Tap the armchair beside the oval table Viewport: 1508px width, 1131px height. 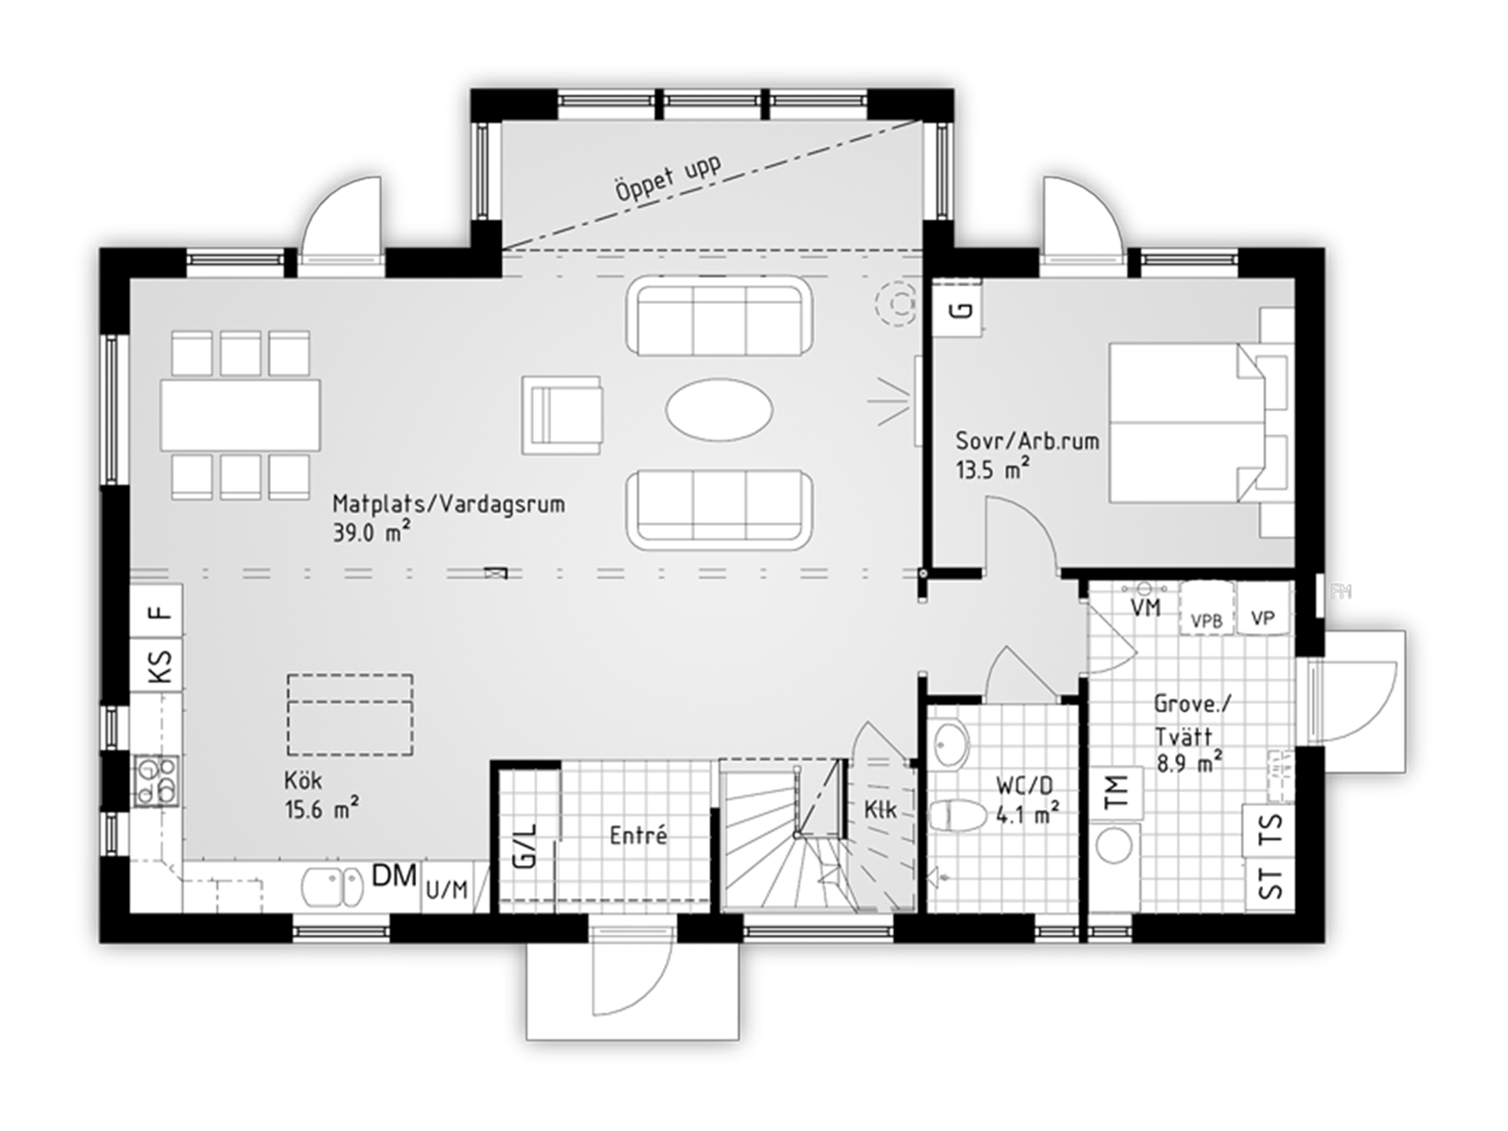563,415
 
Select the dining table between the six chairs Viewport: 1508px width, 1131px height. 240,415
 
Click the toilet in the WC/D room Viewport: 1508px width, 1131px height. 958,815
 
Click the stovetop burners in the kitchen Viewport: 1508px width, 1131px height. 155,781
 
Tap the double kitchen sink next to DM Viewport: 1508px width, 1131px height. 331,887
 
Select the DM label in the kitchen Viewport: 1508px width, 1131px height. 394,876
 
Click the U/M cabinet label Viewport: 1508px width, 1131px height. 447,890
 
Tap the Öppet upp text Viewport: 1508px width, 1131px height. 668,179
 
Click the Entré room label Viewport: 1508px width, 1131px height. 639,835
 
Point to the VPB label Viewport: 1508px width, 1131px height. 1207,620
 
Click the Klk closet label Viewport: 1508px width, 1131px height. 881,809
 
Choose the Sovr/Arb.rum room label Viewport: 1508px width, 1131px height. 1027,441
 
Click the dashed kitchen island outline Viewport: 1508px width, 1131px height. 350,715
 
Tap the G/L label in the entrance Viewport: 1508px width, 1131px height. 524,846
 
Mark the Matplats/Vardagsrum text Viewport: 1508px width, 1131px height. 449,505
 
